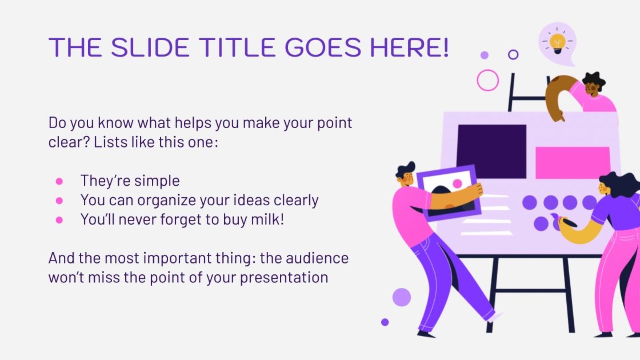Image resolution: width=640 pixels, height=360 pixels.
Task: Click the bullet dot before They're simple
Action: (x=59, y=181)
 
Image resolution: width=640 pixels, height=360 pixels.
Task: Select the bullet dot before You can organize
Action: (x=59, y=201)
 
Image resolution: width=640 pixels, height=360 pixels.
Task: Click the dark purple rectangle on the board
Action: (x=491, y=151)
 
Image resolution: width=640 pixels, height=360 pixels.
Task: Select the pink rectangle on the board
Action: (x=573, y=162)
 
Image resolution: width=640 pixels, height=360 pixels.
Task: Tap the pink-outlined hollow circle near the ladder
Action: (x=487, y=80)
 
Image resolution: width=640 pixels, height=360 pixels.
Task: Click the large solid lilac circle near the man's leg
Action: (x=402, y=297)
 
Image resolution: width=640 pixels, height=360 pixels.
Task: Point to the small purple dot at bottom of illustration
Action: (x=385, y=322)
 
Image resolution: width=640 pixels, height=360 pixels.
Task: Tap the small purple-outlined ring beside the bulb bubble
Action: (x=513, y=55)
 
